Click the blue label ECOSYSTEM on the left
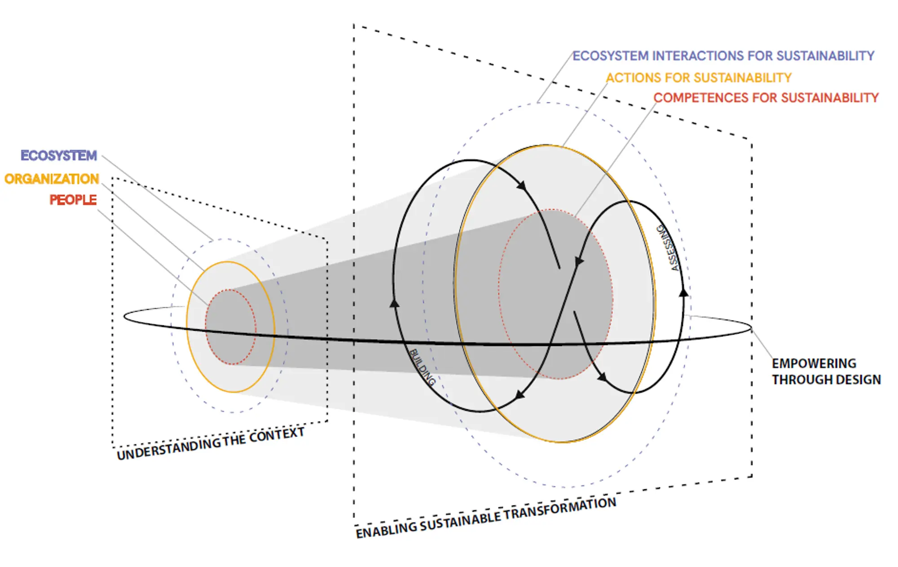point(59,155)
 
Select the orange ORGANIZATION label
point(52,179)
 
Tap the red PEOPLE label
point(73,199)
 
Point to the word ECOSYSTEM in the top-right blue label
point(610,56)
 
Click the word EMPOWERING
point(814,363)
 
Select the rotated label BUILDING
point(422,367)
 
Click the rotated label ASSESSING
point(669,248)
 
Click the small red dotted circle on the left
point(231,327)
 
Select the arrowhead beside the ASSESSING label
point(683,292)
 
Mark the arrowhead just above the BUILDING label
point(394,303)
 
